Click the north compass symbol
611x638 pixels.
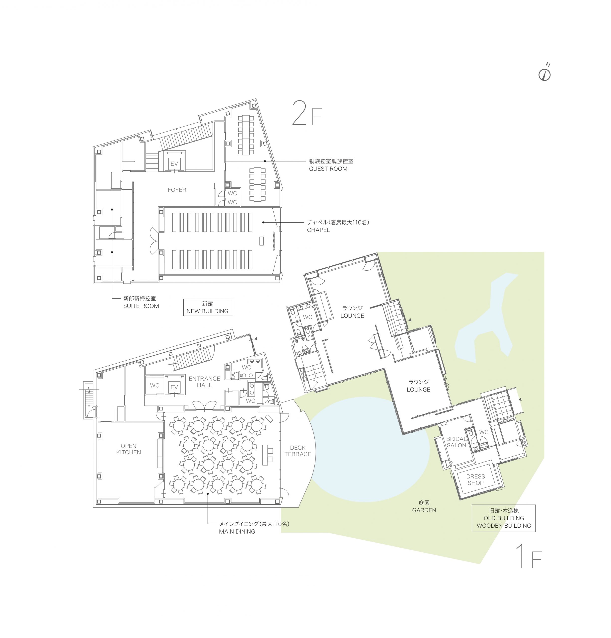(x=544, y=73)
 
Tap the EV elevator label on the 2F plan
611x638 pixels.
(x=174, y=164)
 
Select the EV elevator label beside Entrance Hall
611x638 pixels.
(x=174, y=387)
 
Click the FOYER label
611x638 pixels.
(x=177, y=190)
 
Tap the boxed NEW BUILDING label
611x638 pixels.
(x=208, y=307)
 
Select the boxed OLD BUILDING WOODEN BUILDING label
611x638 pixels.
(x=503, y=518)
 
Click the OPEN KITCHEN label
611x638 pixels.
(x=128, y=449)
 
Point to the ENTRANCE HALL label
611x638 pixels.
(x=204, y=382)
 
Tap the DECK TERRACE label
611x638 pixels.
(x=298, y=451)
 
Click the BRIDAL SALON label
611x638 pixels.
(x=456, y=442)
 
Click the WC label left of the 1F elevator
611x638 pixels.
(x=155, y=385)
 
